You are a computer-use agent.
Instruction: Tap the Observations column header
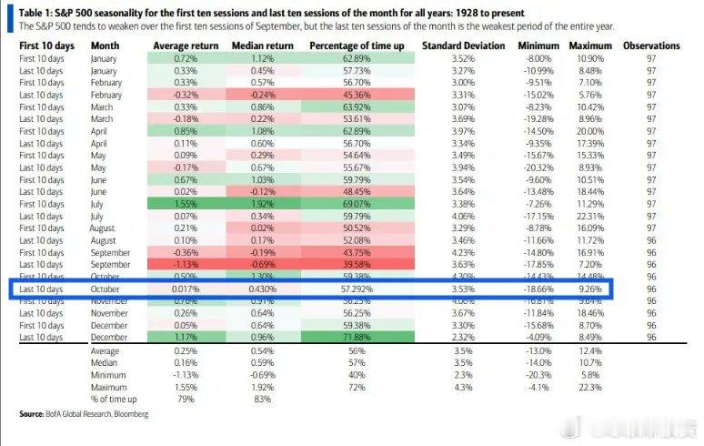point(651,46)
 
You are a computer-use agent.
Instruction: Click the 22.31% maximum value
point(588,218)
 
